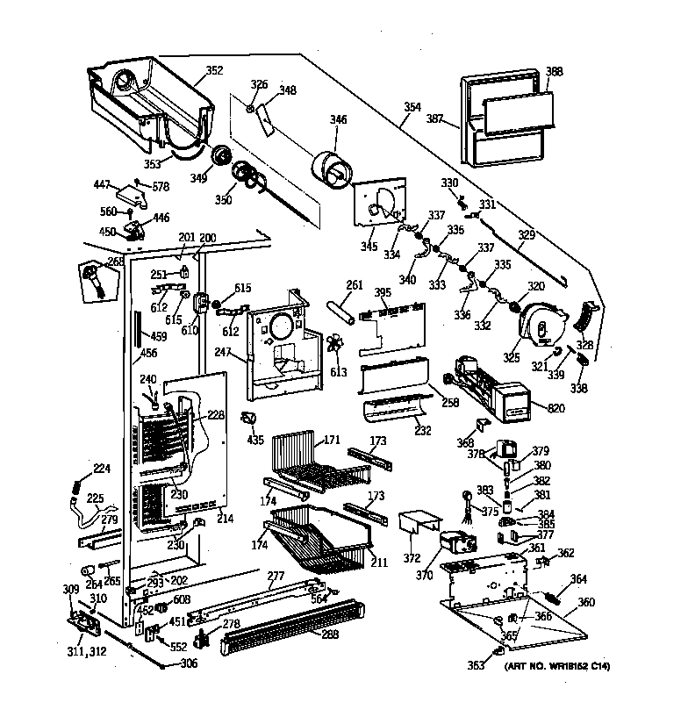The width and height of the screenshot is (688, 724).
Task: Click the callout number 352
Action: coord(213,71)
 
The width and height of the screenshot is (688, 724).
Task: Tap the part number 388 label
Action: coord(555,72)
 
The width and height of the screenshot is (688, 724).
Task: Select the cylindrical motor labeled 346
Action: coord(333,165)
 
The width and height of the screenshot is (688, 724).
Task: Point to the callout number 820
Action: coord(555,407)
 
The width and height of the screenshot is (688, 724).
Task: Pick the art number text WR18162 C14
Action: coord(557,667)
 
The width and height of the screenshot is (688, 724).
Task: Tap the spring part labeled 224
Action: coord(77,482)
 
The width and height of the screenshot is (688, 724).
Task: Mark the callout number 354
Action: coord(412,109)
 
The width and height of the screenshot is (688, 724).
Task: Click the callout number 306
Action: coord(189,663)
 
